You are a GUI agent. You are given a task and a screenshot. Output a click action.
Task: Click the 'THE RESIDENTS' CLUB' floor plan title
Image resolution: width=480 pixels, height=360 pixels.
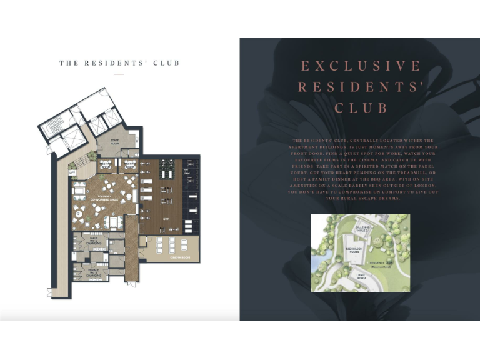[119, 63]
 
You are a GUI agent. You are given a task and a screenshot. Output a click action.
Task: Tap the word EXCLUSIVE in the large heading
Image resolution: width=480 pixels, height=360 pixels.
[361, 66]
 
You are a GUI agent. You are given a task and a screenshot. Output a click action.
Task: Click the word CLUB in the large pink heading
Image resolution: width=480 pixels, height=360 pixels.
[361, 107]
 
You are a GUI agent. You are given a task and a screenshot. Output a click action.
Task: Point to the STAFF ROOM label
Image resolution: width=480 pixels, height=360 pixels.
[115, 142]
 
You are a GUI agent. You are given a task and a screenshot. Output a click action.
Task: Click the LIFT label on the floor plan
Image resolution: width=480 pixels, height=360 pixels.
[72, 172]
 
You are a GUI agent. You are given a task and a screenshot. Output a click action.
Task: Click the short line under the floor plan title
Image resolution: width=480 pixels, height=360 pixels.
[119, 74]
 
